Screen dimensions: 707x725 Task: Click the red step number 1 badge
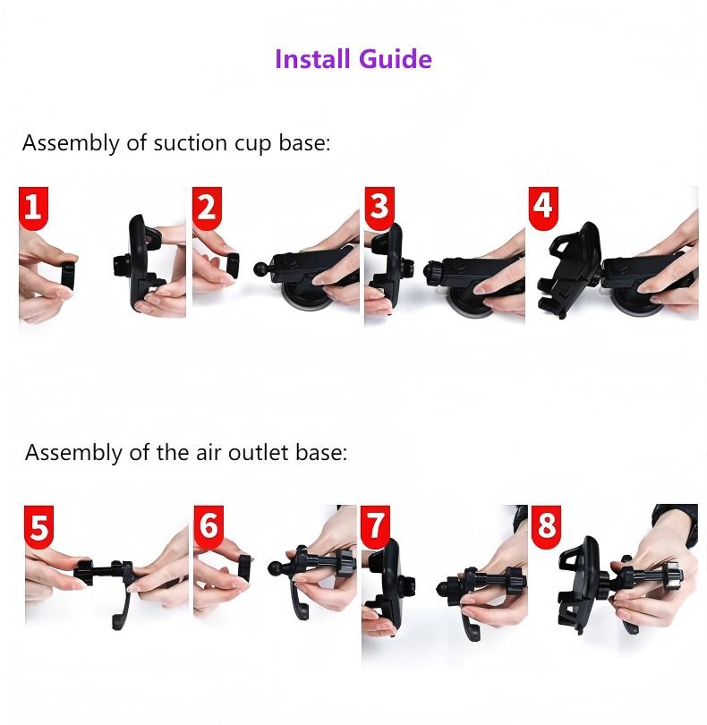tap(33, 208)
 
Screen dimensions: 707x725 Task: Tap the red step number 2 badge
tap(207, 208)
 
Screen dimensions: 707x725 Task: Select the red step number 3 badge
tap(379, 208)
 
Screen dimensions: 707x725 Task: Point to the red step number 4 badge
tap(543, 208)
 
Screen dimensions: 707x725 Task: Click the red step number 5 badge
tap(38, 526)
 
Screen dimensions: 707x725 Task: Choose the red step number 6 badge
tap(209, 526)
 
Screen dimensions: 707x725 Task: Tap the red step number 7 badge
tap(375, 526)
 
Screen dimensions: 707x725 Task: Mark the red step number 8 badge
tap(546, 526)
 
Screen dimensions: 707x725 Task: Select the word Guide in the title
tap(396, 59)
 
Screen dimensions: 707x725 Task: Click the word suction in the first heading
tap(191, 143)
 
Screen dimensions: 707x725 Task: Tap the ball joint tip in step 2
tap(260, 269)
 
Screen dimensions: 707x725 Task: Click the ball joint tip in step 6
tap(275, 567)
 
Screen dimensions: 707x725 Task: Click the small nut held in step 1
tap(68, 277)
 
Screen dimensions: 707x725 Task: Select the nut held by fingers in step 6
tap(245, 567)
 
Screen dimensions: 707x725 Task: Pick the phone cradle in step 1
tap(141, 263)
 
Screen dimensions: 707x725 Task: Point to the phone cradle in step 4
tap(570, 269)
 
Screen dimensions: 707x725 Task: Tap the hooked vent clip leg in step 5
tap(121, 607)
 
